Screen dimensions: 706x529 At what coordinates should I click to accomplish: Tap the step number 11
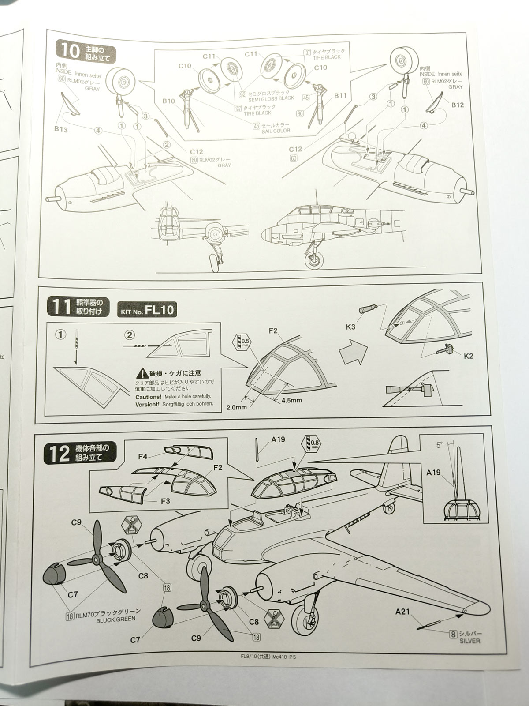pos(61,307)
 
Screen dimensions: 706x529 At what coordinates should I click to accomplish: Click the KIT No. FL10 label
pos(147,310)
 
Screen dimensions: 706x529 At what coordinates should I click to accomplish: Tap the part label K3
pos(350,327)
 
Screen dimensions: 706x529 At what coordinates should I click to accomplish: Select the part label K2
pos(468,356)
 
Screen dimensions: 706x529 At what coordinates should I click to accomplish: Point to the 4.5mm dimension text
pos(291,400)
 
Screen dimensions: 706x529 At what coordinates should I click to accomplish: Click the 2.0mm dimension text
pos(237,407)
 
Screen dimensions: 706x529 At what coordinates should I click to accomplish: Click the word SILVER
pos(469,641)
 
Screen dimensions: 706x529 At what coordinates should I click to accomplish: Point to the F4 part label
pos(142,457)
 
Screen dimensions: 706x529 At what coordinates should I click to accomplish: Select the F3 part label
pos(165,501)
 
